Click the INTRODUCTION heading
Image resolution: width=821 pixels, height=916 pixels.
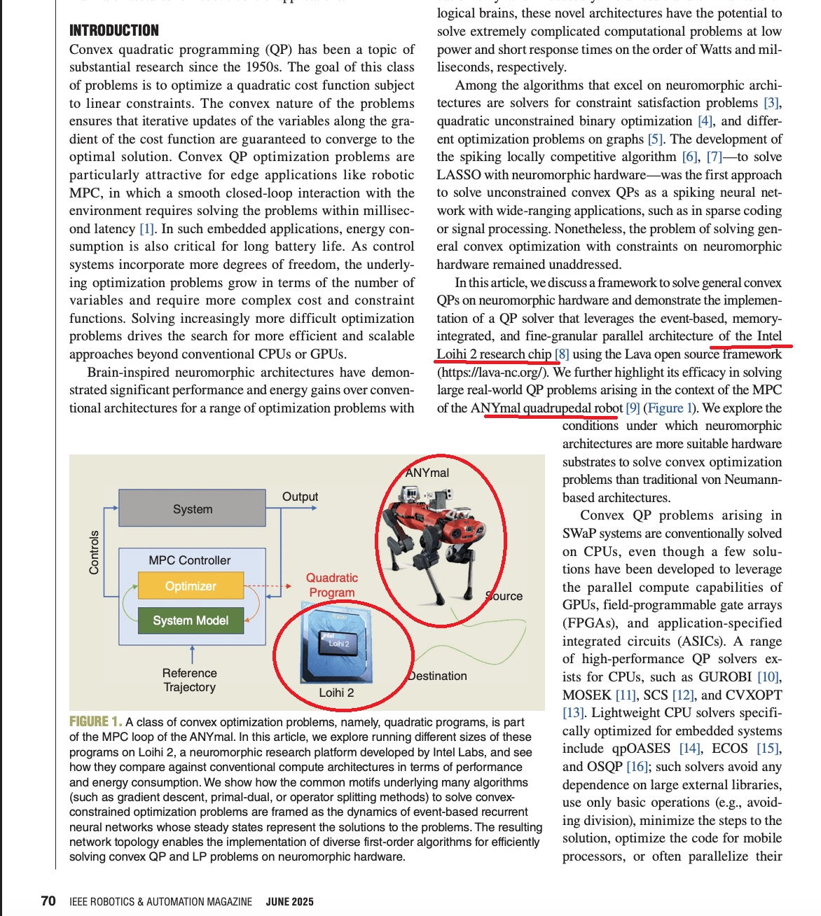point(114,31)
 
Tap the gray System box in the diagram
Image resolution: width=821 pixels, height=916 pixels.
point(193,508)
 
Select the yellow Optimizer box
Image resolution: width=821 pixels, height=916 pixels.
point(191,586)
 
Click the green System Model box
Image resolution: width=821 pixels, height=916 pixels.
point(191,620)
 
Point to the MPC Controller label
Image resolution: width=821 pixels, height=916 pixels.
point(189,560)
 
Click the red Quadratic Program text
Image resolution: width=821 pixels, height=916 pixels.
point(332,585)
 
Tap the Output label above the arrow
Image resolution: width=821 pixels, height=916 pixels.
point(300,497)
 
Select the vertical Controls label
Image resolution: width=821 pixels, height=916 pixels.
point(94,553)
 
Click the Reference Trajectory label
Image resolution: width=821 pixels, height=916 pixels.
point(190,680)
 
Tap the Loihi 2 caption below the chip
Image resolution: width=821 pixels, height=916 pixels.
point(336,693)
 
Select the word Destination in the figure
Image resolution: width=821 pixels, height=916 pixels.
point(438,676)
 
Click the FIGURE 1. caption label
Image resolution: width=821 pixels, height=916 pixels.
point(95,721)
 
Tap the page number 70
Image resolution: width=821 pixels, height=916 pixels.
point(48,901)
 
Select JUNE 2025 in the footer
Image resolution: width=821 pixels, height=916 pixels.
point(289,902)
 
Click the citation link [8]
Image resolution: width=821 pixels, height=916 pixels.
point(562,354)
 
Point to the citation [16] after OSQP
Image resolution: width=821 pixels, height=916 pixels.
point(637,767)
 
